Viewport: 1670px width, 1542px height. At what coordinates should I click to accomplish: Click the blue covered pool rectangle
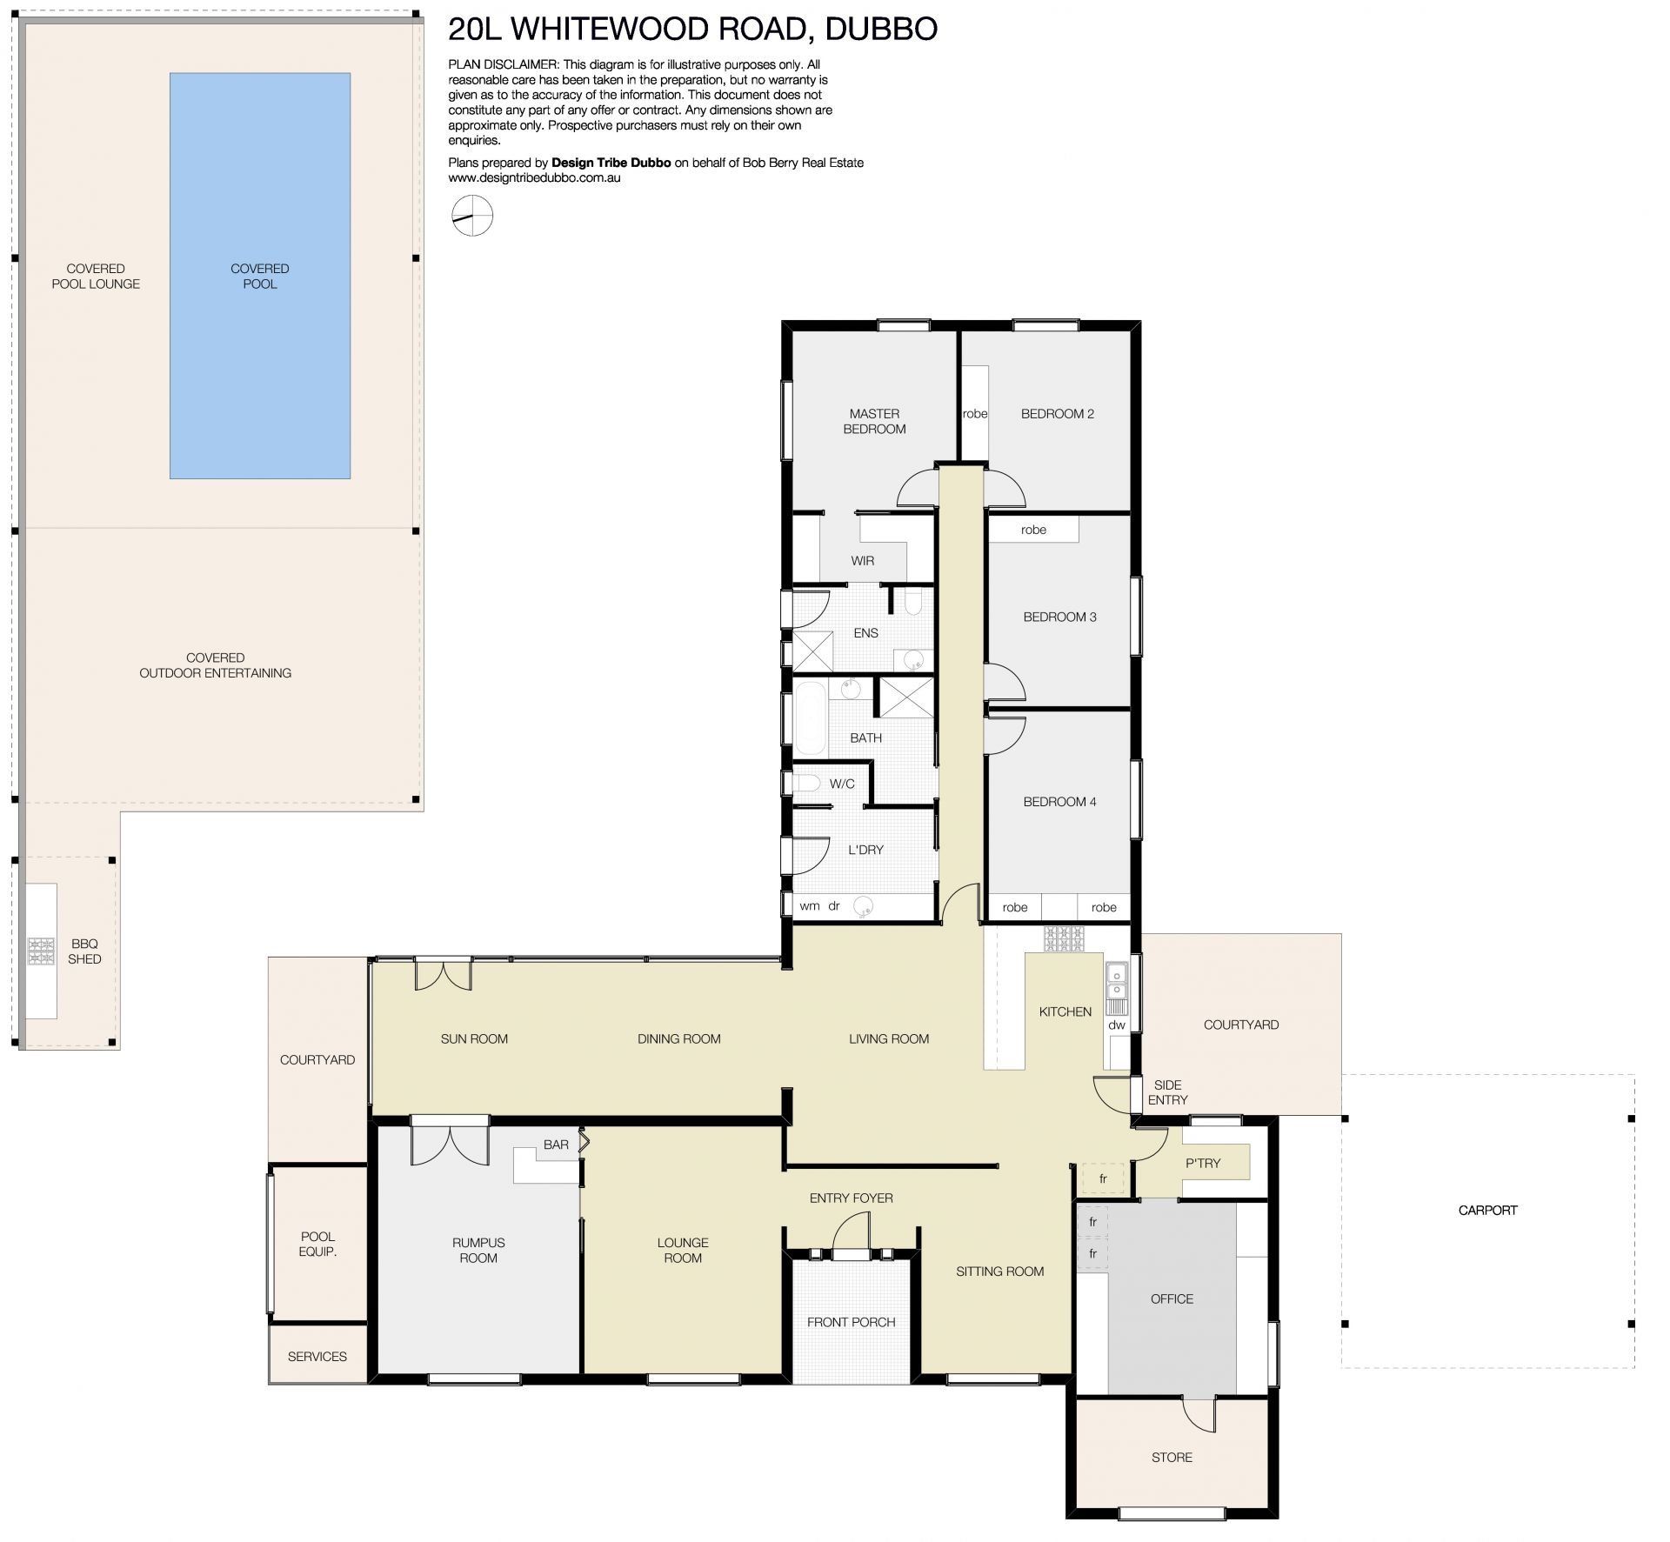pyautogui.click(x=260, y=276)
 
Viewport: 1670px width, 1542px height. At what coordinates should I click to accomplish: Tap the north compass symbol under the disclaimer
pyautogui.click(x=472, y=216)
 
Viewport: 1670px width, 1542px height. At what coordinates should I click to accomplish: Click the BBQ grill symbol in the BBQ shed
pyautogui.click(x=41, y=951)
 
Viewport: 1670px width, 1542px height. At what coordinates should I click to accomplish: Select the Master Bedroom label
pyautogui.click(x=874, y=421)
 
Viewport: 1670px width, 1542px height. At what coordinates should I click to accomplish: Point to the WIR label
pyautogui.click(x=863, y=561)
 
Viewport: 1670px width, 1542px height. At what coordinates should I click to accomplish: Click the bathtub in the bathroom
pyautogui.click(x=811, y=719)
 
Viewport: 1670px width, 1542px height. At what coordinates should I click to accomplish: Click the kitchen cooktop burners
pyautogui.click(x=1065, y=938)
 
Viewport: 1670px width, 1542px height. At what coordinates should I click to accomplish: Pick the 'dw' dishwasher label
pyautogui.click(x=1117, y=1025)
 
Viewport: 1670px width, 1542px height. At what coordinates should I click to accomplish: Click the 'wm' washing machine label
pyautogui.click(x=809, y=906)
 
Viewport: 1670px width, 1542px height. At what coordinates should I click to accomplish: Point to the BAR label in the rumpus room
pyautogui.click(x=556, y=1145)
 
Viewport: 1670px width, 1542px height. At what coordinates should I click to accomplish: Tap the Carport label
pyautogui.click(x=1487, y=1210)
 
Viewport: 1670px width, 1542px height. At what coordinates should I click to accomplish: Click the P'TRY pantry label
pyautogui.click(x=1203, y=1163)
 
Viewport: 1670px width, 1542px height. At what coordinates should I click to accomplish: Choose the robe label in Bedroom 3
pyautogui.click(x=1033, y=530)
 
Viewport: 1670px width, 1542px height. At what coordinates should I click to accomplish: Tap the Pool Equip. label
pyautogui.click(x=317, y=1244)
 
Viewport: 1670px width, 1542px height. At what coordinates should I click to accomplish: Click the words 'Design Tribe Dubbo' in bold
pyautogui.click(x=611, y=163)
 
